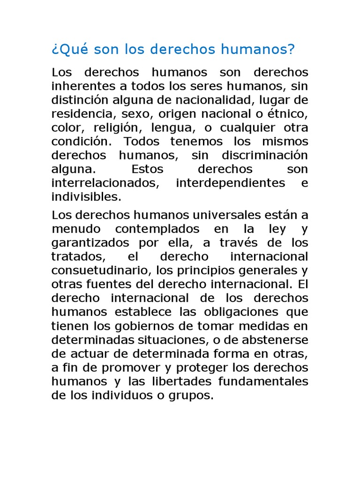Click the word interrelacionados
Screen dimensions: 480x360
pos(105,183)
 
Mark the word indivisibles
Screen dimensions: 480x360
pos(86,196)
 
